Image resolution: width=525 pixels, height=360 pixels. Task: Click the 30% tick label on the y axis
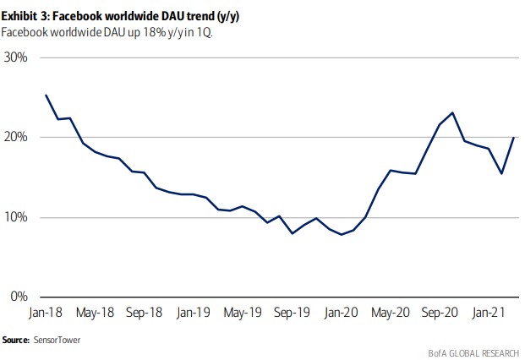point(16,57)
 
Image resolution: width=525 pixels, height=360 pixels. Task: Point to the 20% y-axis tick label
point(16,137)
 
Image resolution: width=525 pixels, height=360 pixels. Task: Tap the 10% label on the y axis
point(16,217)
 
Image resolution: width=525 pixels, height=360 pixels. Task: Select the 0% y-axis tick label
point(19,297)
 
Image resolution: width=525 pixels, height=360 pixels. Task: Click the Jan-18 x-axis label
point(46,313)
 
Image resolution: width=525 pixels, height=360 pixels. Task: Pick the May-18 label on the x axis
point(95,313)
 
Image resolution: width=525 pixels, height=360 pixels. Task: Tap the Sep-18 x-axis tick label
point(144,313)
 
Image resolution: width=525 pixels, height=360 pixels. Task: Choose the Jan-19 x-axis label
point(193,313)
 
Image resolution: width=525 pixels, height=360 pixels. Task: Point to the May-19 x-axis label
point(242,313)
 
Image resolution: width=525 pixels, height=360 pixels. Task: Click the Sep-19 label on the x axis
point(291,313)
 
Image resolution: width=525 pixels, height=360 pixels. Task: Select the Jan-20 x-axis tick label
point(341,313)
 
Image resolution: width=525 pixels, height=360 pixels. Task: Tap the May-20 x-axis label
point(390,313)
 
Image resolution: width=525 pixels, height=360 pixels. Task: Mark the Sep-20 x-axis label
point(440,313)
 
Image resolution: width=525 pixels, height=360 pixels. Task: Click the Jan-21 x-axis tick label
point(489,313)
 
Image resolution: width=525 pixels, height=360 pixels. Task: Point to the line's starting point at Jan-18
point(46,95)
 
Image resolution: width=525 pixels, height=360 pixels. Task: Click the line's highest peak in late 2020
point(453,112)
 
